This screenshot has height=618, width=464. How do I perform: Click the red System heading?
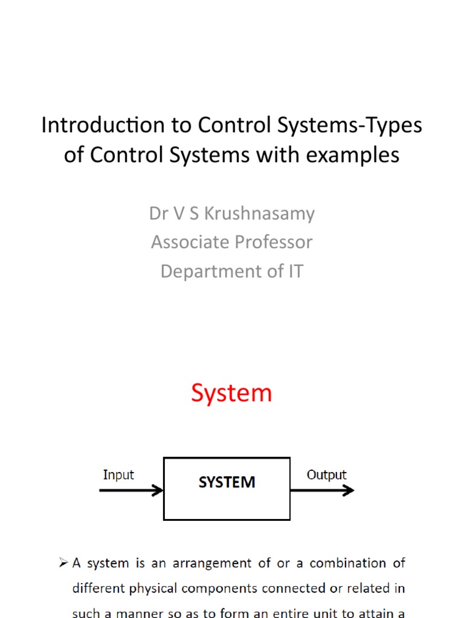click(x=231, y=393)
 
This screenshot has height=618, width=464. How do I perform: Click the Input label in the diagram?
click(x=118, y=475)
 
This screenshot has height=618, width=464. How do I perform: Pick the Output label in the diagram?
click(x=326, y=475)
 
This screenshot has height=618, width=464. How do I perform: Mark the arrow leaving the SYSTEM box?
click(x=321, y=490)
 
